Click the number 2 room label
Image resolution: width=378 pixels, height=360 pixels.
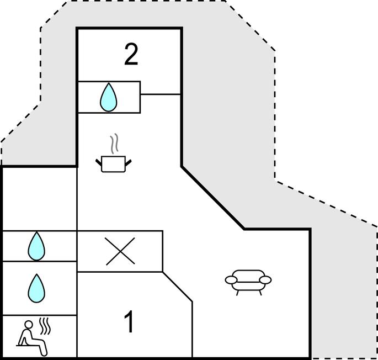click(131, 55)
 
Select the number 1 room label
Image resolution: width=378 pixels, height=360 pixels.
click(129, 323)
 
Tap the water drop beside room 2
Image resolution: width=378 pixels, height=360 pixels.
click(109, 97)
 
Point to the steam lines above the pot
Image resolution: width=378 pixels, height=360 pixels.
click(114, 144)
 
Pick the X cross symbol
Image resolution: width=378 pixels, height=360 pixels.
click(120, 252)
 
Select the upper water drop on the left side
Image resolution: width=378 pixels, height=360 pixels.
click(36, 246)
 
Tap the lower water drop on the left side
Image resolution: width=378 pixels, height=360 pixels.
click(36, 288)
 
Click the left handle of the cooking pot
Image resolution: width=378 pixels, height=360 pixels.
click(100, 162)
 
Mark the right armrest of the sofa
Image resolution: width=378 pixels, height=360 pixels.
click(266, 280)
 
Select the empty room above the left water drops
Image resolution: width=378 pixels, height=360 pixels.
click(39, 199)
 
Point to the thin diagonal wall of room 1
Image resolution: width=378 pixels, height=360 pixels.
click(177, 287)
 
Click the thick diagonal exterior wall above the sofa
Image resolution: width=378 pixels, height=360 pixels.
click(212, 197)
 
